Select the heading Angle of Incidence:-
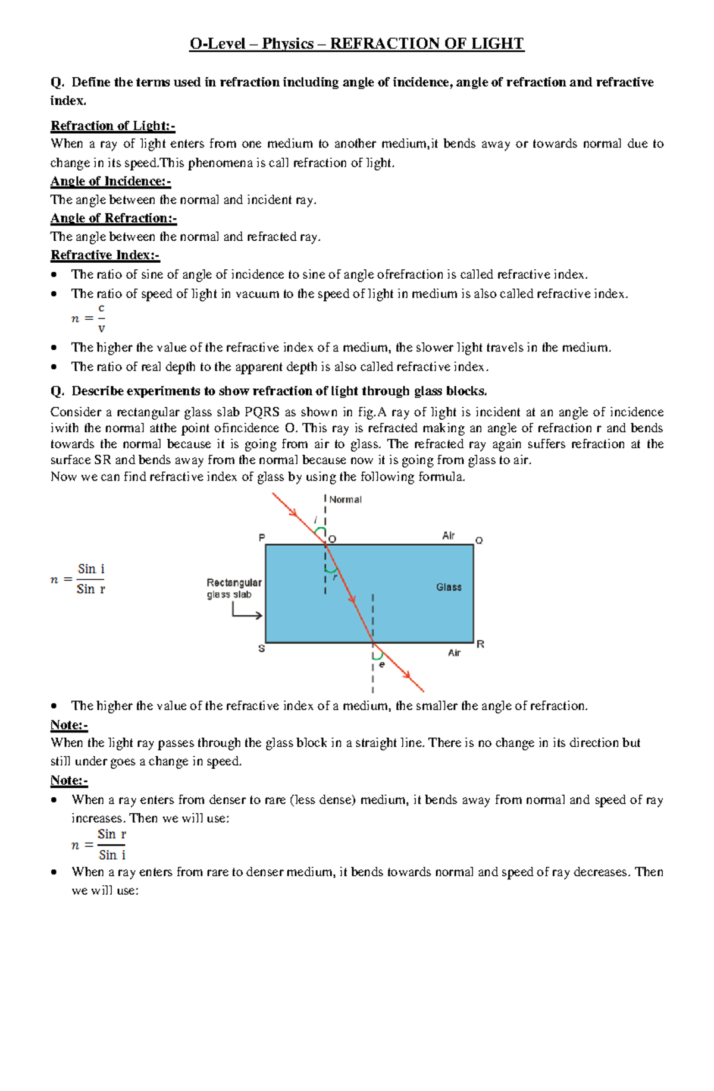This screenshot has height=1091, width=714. [x=111, y=181]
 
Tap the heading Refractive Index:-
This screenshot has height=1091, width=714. [x=105, y=255]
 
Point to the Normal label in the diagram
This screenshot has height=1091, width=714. [x=345, y=499]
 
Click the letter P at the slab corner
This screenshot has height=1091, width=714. [x=261, y=537]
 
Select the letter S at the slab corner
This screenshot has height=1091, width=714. [x=261, y=649]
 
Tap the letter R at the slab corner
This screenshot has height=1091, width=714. [x=481, y=644]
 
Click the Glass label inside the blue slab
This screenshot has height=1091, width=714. [x=449, y=587]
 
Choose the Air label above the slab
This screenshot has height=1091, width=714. [x=448, y=536]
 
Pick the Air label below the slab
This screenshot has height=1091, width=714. [x=454, y=653]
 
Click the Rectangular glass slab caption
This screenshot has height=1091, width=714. [x=234, y=589]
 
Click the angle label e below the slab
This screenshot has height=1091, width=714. [x=382, y=664]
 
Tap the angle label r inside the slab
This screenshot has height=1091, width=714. [x=335, y=577]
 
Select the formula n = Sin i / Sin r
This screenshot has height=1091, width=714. [x=79, y=579]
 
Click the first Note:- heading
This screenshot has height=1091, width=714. [x=69, y=725]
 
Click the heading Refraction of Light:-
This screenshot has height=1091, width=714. [x=112, y=126]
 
